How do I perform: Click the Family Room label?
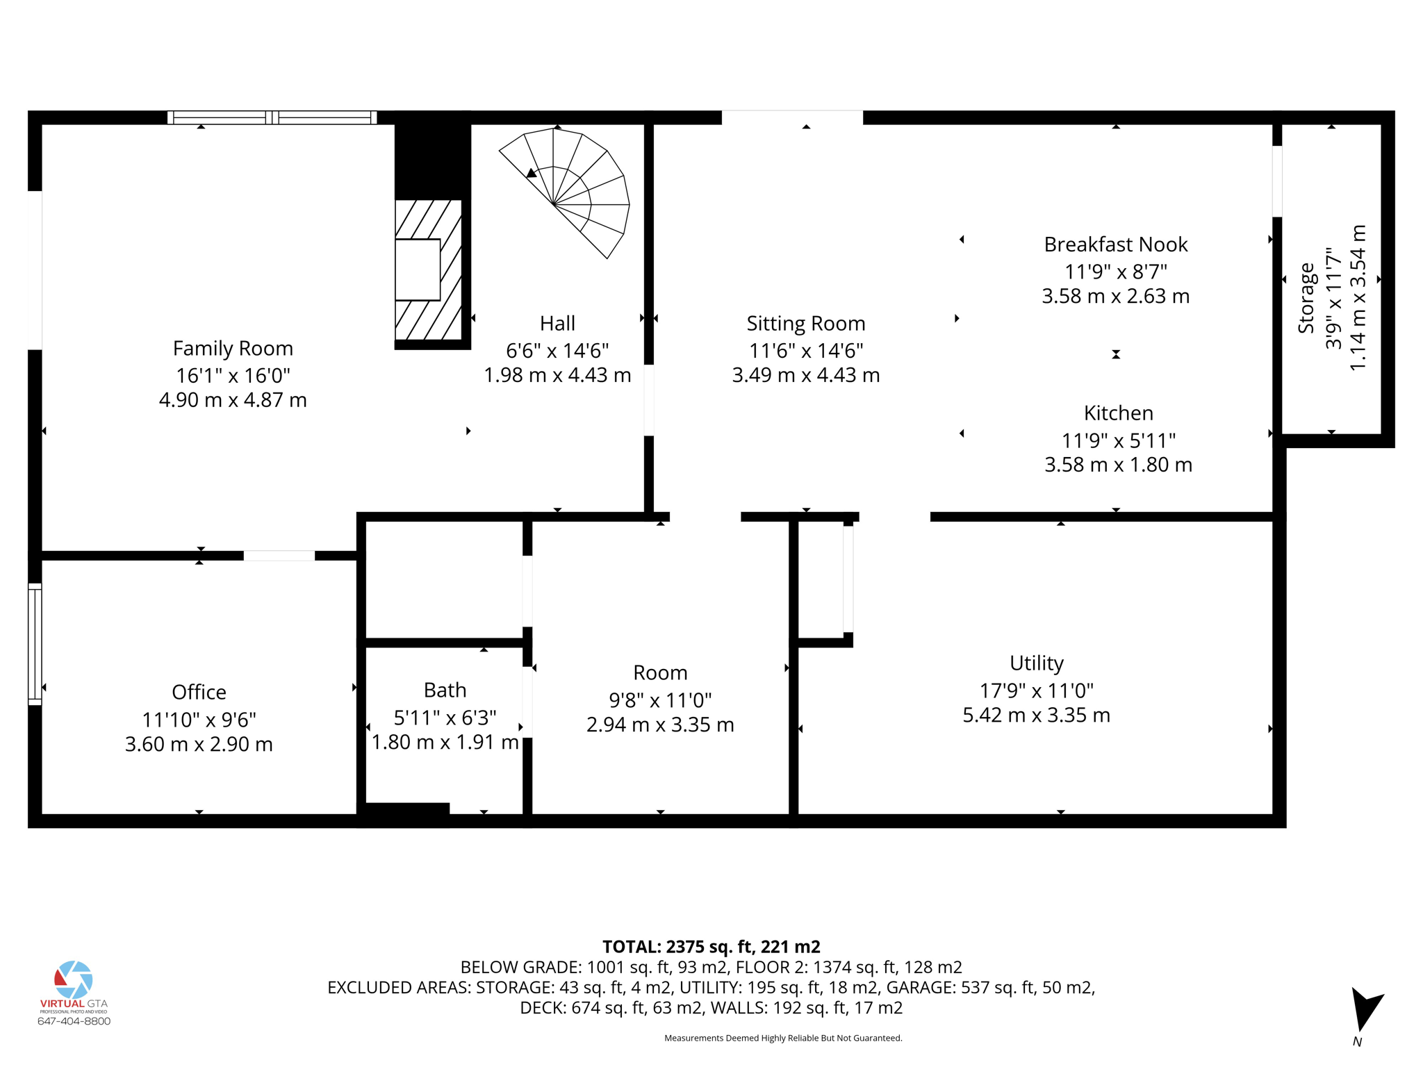233,348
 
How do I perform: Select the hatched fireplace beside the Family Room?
429,270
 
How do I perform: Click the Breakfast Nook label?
1116,245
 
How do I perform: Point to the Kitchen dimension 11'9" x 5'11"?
1118,440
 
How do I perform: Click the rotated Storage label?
1306,298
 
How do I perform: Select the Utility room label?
1036,663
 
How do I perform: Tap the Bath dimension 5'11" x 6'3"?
445,717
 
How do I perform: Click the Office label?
199,693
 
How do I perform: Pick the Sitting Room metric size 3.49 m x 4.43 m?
806,376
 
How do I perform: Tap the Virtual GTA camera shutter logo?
74,979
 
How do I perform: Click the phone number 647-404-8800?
74,1021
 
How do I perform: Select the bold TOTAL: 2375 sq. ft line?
711,947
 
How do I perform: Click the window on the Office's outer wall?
35,645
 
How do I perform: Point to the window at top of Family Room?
272,117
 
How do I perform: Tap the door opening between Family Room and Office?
279,555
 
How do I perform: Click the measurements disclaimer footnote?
783,1039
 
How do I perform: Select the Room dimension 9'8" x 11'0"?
660,700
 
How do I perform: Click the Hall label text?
557,324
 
